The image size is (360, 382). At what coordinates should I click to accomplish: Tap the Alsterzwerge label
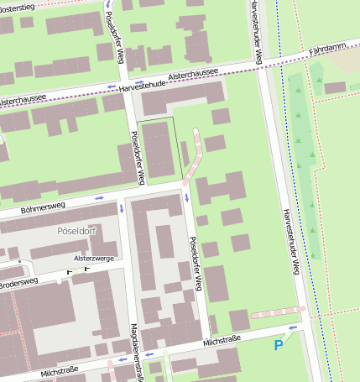[94, 259]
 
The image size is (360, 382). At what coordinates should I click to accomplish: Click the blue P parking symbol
[279, 344]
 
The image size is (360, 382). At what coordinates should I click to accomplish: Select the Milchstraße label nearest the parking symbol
[222, 342]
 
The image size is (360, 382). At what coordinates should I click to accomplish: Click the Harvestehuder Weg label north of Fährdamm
[255, 32]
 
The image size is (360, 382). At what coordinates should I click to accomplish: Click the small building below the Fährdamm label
[335, 87]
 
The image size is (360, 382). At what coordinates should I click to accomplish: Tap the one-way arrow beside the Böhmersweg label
[99, 198]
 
